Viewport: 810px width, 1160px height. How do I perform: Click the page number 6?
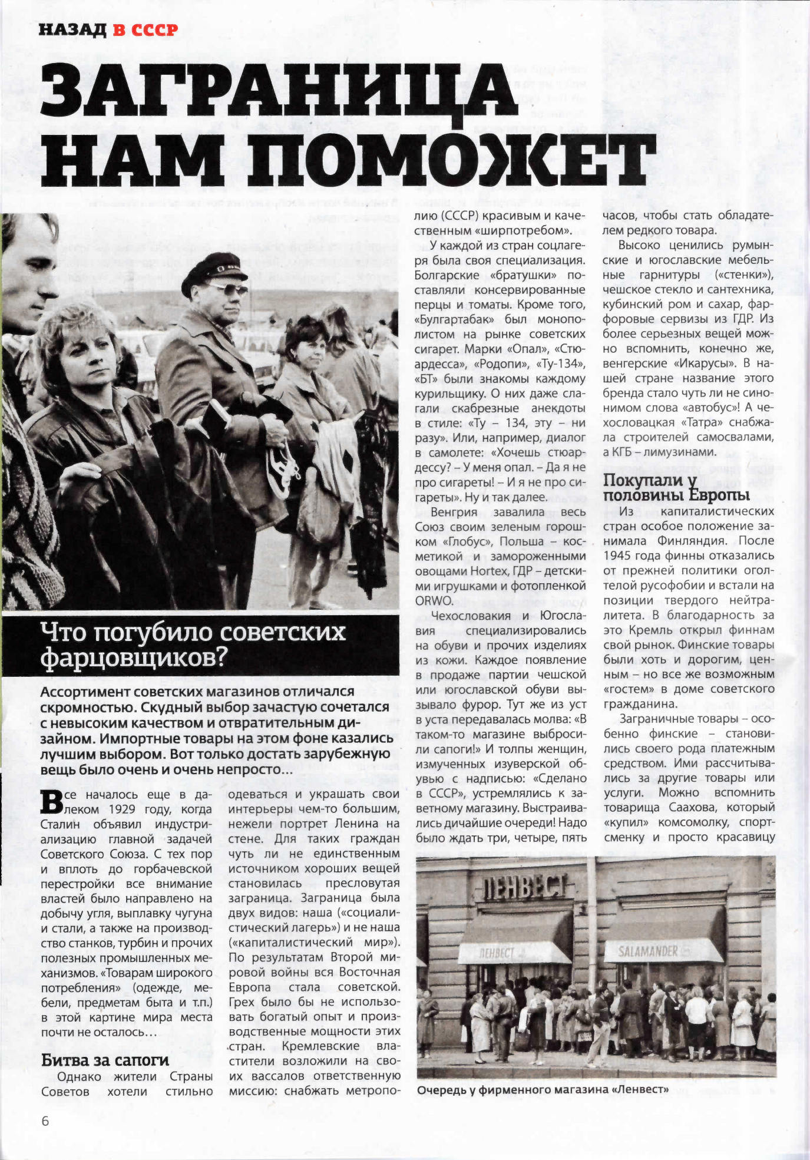[x=45, y=1121]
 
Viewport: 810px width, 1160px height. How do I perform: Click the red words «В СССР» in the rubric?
[x=145, y=30]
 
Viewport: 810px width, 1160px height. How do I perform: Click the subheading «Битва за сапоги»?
[x=105, y=1060]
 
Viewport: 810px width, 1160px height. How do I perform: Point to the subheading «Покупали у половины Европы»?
[x=676, y=488]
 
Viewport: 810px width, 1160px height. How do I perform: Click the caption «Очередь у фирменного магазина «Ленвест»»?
[x=543, y=1090]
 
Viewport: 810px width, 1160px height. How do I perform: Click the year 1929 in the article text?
[x=121, y=809]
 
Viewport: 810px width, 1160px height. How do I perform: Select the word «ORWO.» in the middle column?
[x=434, y=601]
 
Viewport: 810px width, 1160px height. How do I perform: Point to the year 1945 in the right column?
[x=616, y=556]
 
